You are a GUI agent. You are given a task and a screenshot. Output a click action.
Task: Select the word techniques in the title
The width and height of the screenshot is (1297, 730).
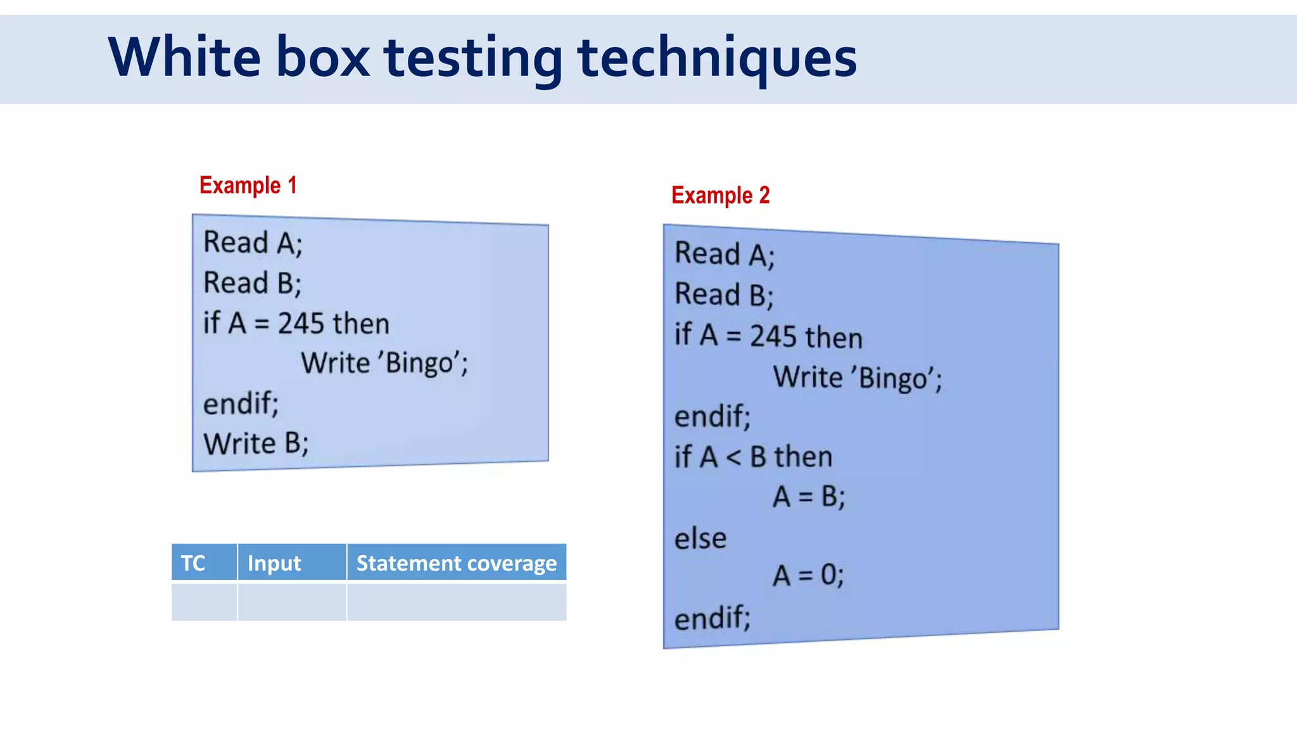coord(717,58)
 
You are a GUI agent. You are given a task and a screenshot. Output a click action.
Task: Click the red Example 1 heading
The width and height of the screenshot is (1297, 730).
coord(248,186)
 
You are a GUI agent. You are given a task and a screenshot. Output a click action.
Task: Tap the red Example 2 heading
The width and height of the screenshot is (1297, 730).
coord(720,196)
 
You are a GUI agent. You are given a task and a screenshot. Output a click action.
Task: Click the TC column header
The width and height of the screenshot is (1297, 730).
coord(193,563)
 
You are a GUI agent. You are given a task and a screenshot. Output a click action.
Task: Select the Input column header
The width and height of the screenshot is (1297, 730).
coord(274,563)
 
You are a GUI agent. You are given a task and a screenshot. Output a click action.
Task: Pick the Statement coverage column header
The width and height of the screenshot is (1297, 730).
coord(456,563)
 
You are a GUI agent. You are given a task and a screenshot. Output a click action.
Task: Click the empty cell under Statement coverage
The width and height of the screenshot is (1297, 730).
coord(456,602)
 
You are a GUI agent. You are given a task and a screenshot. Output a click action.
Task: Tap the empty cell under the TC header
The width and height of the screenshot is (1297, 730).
coord(204,602)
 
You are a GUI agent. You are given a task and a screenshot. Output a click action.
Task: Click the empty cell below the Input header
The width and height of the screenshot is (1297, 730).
coord(291,602)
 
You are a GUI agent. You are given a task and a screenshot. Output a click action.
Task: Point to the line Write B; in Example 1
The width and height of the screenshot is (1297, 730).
coord(256,444)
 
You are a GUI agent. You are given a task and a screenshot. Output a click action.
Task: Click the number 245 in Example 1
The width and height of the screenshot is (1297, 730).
coord(301,324)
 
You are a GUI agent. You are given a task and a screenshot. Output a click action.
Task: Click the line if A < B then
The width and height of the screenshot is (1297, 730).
coord(753,457)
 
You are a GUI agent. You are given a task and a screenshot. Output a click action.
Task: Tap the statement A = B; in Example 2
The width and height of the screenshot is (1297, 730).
coord(809,497)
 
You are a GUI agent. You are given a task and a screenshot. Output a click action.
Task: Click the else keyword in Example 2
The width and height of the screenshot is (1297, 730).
coord(700,539)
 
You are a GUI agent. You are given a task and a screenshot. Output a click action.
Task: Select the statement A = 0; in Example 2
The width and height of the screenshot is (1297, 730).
coord(808,575)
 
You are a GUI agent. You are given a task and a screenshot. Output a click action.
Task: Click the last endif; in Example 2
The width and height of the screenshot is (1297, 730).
coord(712,617)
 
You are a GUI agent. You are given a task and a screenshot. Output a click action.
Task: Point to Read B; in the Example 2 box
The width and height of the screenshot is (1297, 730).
coord(724,295)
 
